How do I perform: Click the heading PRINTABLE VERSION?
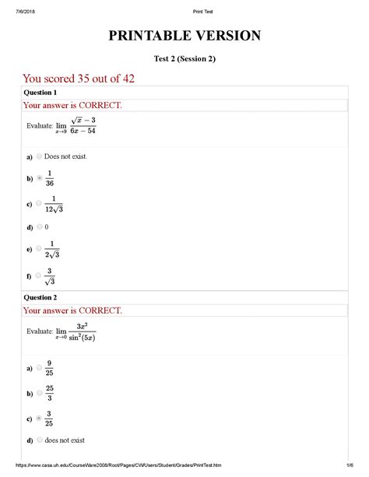(x=184, y=36)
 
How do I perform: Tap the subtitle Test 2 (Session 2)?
(x=184, y=59)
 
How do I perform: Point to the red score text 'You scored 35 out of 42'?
(x=83, y=78)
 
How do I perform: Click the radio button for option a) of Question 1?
(x=39, y=156)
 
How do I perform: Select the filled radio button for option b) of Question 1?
(x=39, y=178)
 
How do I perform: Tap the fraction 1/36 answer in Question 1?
(x=50, y=178)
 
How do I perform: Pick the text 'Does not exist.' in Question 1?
(x=66, y=156)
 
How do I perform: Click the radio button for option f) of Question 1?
(x=39, y=275)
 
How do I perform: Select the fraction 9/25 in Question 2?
(x=50, y=367)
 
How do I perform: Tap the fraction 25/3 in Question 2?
(x=50, y=392)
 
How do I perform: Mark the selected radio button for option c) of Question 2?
(x=39, y=418)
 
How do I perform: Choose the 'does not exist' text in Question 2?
(x=64, y=440)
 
